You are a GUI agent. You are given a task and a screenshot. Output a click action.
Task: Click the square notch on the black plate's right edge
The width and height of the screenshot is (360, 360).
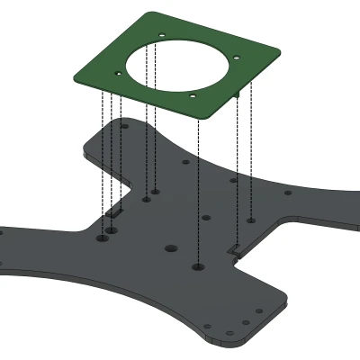point(234,247)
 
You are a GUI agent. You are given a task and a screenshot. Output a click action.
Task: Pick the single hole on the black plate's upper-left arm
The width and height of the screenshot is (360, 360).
point(124,127)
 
